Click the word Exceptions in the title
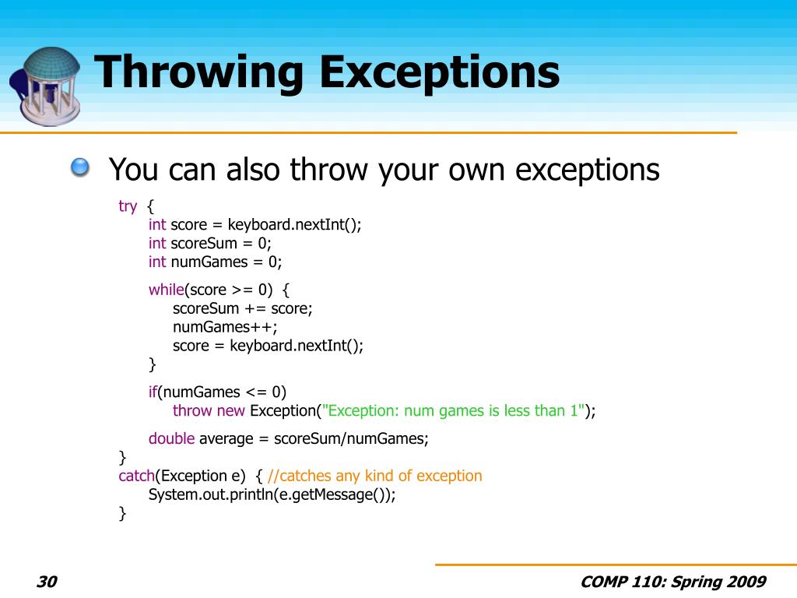439,72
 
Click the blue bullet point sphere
79,167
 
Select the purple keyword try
128,206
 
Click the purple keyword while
166,290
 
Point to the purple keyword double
171,438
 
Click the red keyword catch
136,476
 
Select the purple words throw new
209,411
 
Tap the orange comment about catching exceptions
374,476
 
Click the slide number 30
47,582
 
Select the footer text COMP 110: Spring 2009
673,582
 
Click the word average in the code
226,438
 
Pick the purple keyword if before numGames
153,392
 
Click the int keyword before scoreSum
157,243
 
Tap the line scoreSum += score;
242,308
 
